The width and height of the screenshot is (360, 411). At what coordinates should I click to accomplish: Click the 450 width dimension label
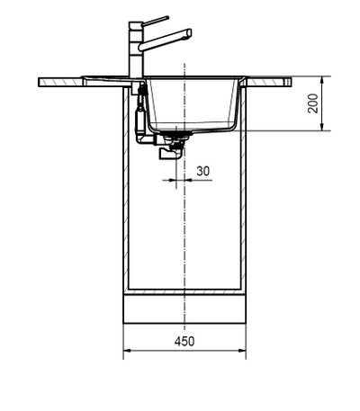coord(184,341)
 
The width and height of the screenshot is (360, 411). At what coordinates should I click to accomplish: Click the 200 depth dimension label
coord(312,104)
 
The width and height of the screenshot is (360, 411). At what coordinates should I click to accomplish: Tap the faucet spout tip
coord(188,34)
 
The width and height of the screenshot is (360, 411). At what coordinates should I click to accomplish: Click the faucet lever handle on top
coord(155,20)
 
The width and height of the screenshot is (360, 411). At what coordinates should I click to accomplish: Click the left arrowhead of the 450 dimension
coord(126,352)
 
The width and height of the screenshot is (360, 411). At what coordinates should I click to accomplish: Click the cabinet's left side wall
coord(125,198)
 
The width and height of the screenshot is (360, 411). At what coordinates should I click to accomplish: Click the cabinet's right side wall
coord(243,198)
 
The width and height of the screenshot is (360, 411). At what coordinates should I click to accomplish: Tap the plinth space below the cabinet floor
coord(184,310)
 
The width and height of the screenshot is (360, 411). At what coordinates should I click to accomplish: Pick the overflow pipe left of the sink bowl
coord(139,112)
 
